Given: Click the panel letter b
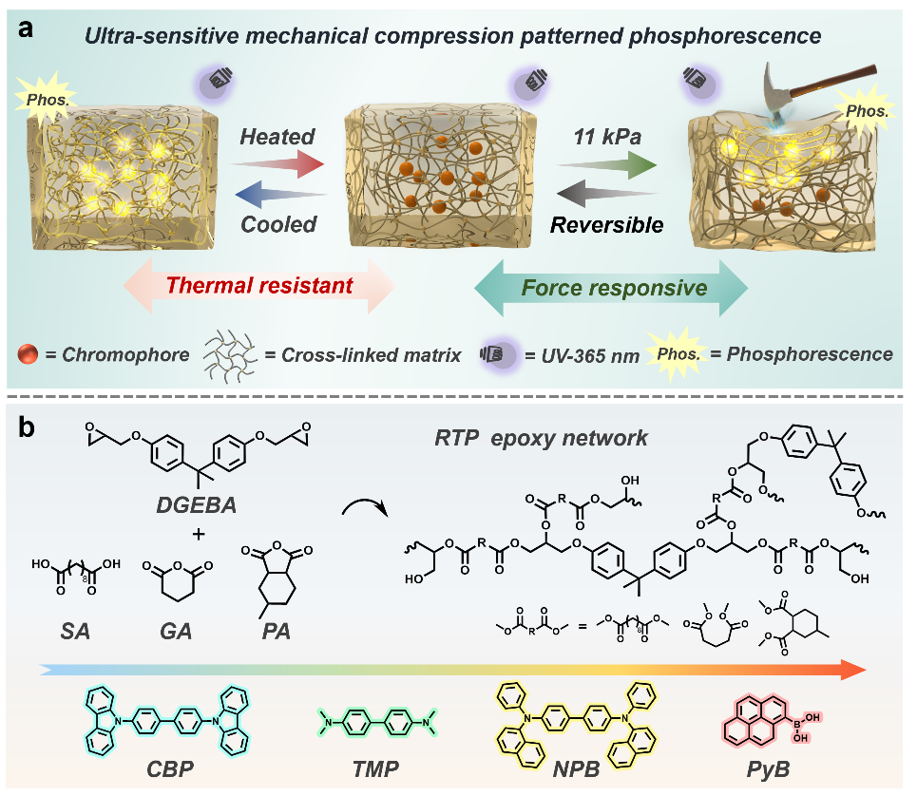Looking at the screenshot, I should [28, 428].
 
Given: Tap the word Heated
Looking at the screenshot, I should [277, 137].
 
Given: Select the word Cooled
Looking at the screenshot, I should [277, 226].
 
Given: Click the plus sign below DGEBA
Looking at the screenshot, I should [198, 535].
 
